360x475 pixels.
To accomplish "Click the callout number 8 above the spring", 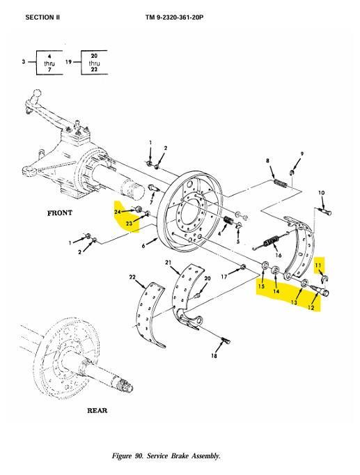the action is pos(267,161).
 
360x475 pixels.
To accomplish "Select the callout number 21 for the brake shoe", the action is pos(169,263).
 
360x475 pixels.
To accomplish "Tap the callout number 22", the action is pos(132,277).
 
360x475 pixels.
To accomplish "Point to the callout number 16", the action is pos(279,255).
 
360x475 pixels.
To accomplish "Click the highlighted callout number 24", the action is pos(118,212).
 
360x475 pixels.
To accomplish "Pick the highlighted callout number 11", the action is pos(318,265).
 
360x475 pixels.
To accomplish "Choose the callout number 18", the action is pos(214,356).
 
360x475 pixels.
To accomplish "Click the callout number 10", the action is pos(322,193).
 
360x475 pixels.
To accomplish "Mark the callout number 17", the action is pos(224,277).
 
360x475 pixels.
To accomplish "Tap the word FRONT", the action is pos(60,213).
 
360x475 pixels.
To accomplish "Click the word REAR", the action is pos(97,410).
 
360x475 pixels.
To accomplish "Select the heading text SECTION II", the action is pos(42,17).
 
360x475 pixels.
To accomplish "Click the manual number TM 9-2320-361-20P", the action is pos(174,17).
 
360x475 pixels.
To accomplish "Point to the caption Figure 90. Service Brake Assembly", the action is pos(166,455).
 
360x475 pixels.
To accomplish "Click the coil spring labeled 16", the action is pos(271,242).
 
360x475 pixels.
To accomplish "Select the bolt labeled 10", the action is pos(324,211).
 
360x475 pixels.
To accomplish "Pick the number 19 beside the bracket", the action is pos(68,62).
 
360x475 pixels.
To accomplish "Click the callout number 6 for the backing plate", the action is pos(143,246).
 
